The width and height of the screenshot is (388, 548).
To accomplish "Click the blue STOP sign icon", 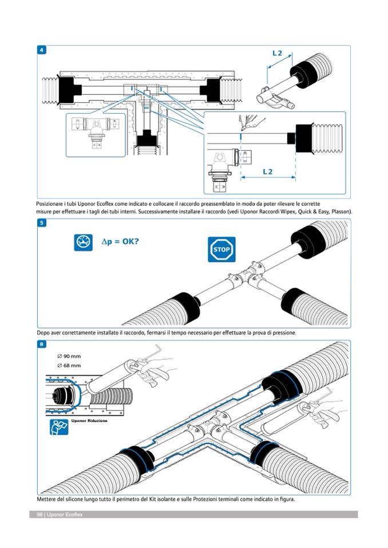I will tap(221, 249).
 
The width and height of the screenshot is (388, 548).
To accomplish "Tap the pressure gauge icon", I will tap(83, 242).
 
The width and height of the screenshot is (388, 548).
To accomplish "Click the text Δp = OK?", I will tap(120, 241).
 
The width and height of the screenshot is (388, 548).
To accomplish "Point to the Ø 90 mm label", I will tap(69, 356).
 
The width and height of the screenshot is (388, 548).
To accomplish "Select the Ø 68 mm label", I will tap(69, 365).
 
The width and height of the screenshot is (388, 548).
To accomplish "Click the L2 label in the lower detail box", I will tap(268, 171).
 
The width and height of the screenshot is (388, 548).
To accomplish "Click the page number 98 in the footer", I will tap(39, 515).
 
